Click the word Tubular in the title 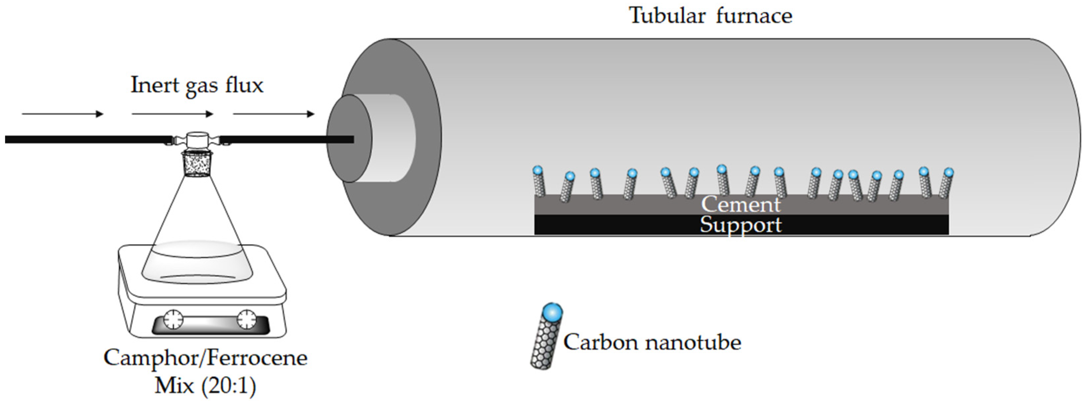667,16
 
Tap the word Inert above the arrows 155,85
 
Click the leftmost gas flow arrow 63,114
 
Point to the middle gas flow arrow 173,114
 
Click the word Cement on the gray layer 741,205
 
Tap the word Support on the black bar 741,225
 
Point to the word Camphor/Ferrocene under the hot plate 205,358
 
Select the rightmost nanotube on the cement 946,184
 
